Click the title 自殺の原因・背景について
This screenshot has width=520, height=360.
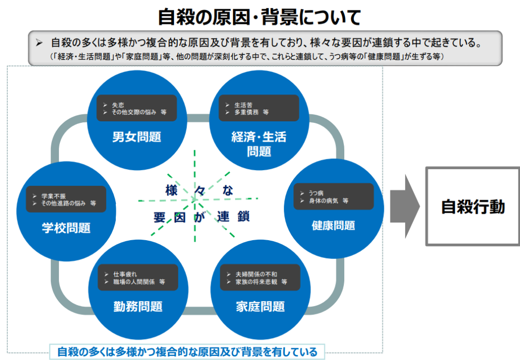[x=259, y=17]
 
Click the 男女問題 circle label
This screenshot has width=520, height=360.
[x=137, y=137]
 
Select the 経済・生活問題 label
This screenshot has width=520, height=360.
[x=259, y=144]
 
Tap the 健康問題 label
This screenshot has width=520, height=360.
[x=333, y=225]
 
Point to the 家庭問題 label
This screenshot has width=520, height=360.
[x=260, y=307]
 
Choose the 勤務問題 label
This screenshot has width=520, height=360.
[x=138, y=307]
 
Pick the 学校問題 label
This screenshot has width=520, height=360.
[x=66, y=228]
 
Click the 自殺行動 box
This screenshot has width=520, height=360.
[x=472, y=207]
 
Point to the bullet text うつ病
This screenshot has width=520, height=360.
[x=316, y=193]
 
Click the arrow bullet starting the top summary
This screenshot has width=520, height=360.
[x=40, y=43]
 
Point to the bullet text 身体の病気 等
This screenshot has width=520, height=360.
[x=328, y=201]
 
